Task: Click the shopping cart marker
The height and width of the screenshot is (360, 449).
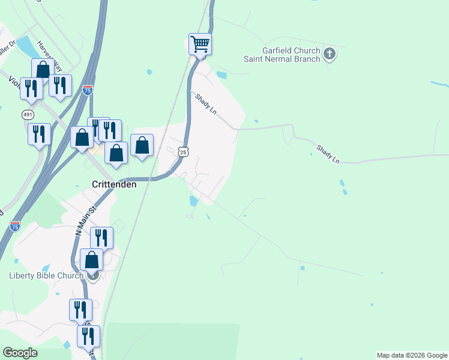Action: tap(200, 44)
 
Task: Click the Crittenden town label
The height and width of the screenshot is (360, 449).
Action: tap(113, 185)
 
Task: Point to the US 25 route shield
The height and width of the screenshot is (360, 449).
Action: tap(184, 152)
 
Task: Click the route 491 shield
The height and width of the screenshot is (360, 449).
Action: tap(28, 114)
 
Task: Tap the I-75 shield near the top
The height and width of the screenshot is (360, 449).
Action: tap(88, 90)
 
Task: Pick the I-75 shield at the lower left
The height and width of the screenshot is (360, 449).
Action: tap(15, 226)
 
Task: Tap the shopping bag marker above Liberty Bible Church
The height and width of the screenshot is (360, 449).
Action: tap(92, 260)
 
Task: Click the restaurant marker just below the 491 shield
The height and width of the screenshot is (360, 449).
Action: tap(39, 134)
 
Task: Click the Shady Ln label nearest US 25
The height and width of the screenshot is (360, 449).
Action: tap(205, 103)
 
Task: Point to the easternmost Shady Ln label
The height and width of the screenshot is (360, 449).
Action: tap(328, 154)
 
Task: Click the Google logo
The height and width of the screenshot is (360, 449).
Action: tap(20, 353)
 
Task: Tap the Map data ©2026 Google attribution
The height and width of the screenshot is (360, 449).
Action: tap(412, 355)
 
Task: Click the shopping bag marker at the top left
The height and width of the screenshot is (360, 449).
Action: tap(43, 70)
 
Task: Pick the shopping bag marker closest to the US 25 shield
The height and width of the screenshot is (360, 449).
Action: tap(142, 145)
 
